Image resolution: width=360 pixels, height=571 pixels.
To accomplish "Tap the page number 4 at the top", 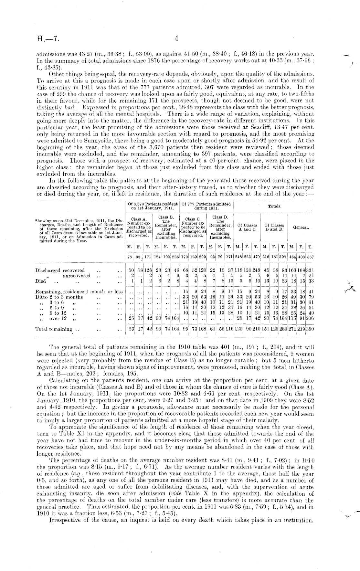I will tap(176, 38).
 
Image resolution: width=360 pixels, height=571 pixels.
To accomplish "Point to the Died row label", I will tap(41, 281).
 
